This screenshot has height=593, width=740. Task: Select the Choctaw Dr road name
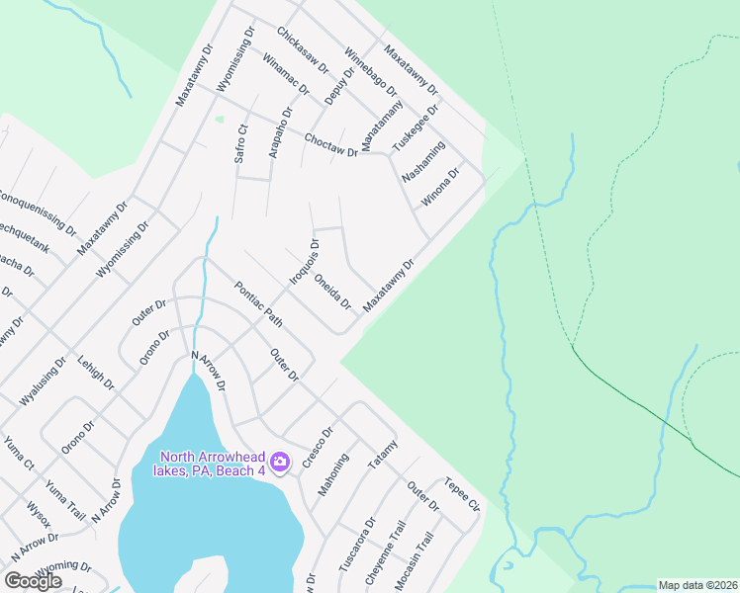[x=330, y=145]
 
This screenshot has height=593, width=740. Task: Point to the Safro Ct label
[x=241, y=142]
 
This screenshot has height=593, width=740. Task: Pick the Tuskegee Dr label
[x=415, y=128]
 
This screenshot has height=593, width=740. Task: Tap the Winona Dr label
[x=441, y=187]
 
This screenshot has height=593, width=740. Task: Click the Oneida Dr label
[x=333, y=290]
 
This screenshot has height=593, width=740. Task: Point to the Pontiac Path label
[x=259, y=304]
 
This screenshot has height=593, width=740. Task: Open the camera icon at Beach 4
[x=280, y=462]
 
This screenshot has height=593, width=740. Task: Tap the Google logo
[x=33, y=581]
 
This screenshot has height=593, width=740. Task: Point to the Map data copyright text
[x=697, y=585]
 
